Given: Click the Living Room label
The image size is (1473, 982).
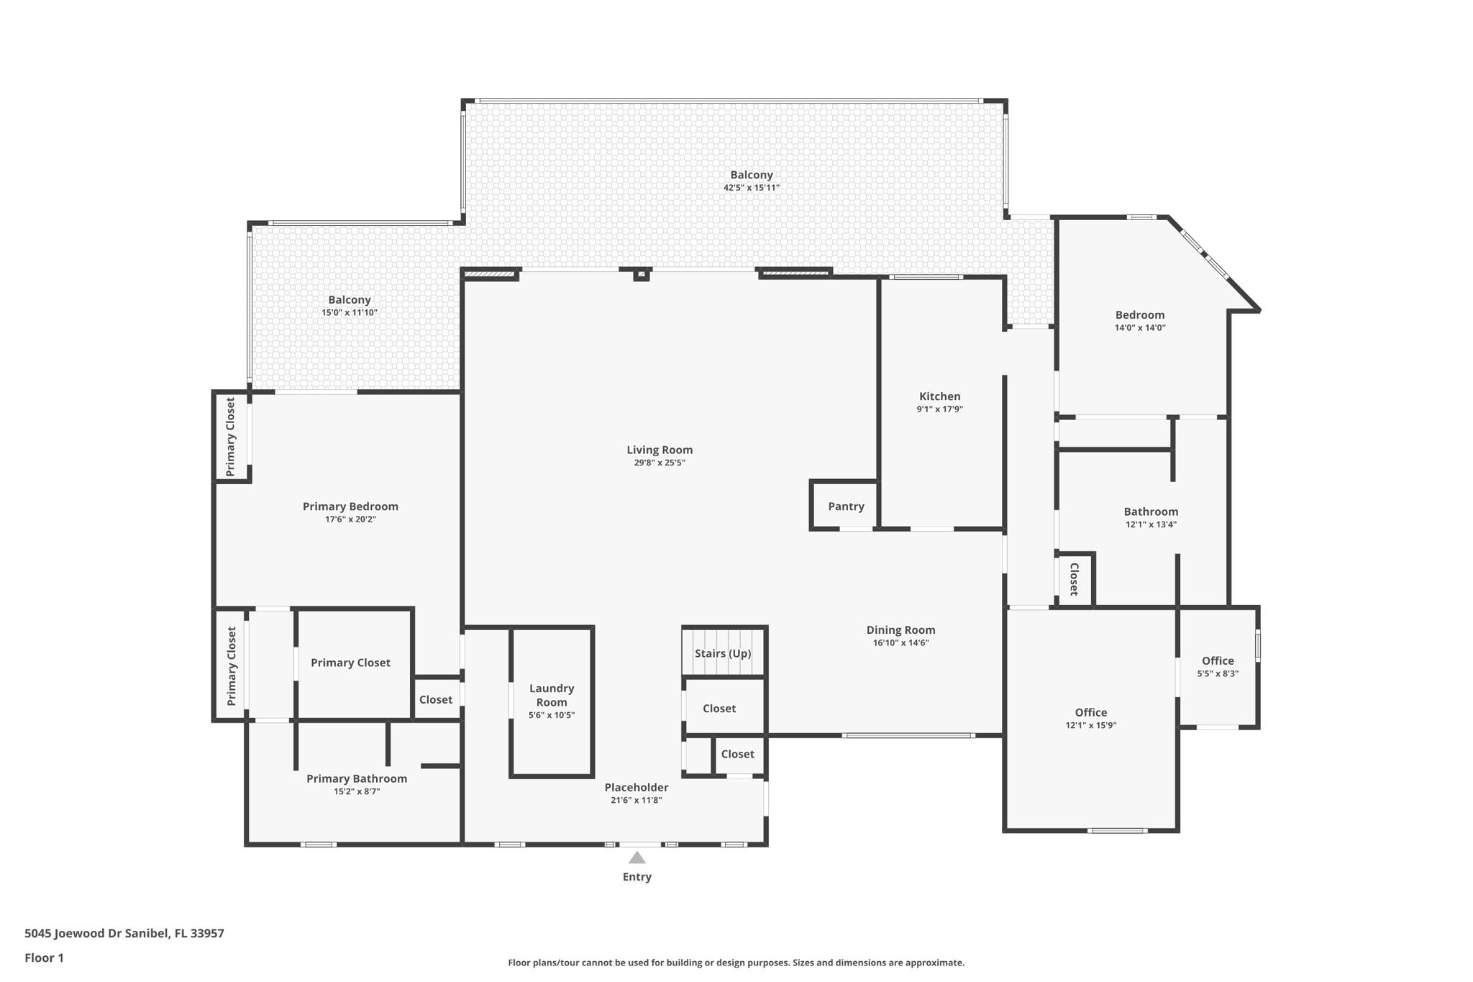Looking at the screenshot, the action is pyautogui.click(x=660, y=450).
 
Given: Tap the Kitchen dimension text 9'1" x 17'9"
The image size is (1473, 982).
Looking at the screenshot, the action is pyautogui.click(x=939, y=409).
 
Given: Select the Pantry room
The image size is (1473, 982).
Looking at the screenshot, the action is pyautogui.click(x=845, y=506).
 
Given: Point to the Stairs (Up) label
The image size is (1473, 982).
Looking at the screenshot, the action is pyautogui.click(x=723, y=653).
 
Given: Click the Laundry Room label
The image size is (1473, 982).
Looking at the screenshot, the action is pyautogui.click(x=552, y=695).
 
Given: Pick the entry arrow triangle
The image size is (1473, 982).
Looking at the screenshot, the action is pyautogui.click(x=637, y=858).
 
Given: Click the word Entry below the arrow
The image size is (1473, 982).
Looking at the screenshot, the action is pyautogui.click(x=637, y=877).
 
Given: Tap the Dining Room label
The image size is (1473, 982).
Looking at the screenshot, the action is pyautogui.click(x=900, y=630).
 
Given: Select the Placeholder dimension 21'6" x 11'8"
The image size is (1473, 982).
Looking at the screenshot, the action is pyautogui.click(x=637, y=800).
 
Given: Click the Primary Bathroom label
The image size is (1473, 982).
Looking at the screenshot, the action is pyautogui.click(x=357, y=778).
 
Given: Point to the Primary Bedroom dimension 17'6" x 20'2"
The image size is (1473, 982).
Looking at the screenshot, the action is pyautogui.click(x=350, y=519).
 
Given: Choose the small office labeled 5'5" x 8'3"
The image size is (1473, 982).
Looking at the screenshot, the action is pyautogui.click(x=1218, y=667).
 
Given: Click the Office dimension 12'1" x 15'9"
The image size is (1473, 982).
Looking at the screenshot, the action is pyautogui.click(x=1091, y=726).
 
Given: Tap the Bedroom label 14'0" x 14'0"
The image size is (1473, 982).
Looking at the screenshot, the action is pyautogui.click(x=1140, y=320).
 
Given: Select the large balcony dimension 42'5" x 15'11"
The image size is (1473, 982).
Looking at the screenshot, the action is pyautogui.click(x=752, y=188).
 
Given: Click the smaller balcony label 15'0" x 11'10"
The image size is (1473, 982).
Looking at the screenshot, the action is pyautogui.click(x=350, y=306).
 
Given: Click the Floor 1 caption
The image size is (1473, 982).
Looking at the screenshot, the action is pyautogui.click(x=44, y=958).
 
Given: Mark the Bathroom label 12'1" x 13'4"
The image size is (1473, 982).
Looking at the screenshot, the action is pyautogui.click(x=1151, y=518).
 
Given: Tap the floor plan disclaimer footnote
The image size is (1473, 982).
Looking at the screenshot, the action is pyautogui.click(x=736, y=963).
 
